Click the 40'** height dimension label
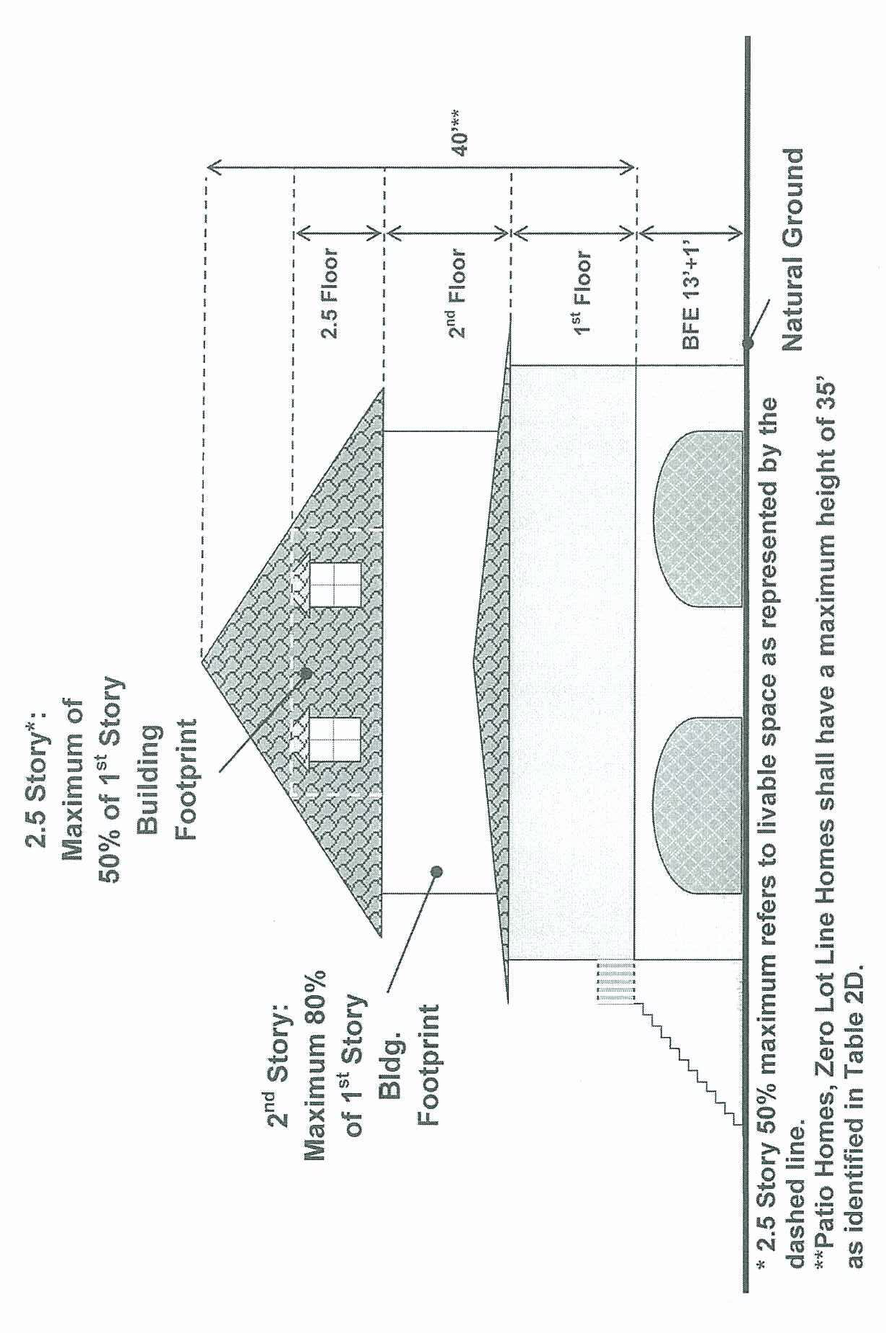[458, 132]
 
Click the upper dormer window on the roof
[334, 583]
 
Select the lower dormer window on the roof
[334, 740]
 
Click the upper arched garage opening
[697, 519]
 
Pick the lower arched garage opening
[697, 805]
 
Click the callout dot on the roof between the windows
[306, 673]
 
